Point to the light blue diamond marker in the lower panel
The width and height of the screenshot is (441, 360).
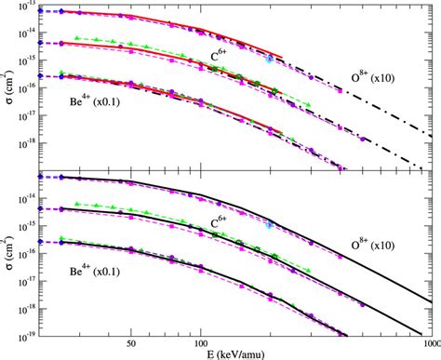[270, 224]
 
